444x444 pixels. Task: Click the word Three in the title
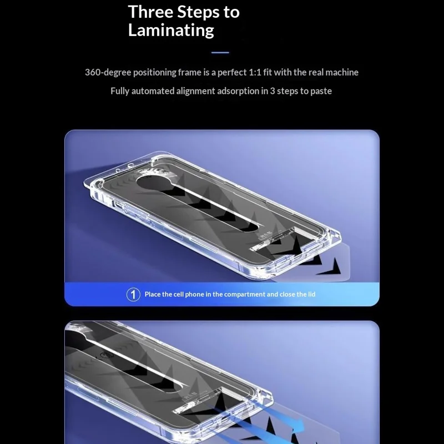coord(150,12)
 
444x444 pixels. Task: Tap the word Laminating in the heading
coord(171,30)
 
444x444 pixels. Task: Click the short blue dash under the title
coord(220,53)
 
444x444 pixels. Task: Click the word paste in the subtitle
coord(320,90)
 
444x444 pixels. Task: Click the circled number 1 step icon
coord(133,294)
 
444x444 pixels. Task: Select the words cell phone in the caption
coord(191,294)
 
